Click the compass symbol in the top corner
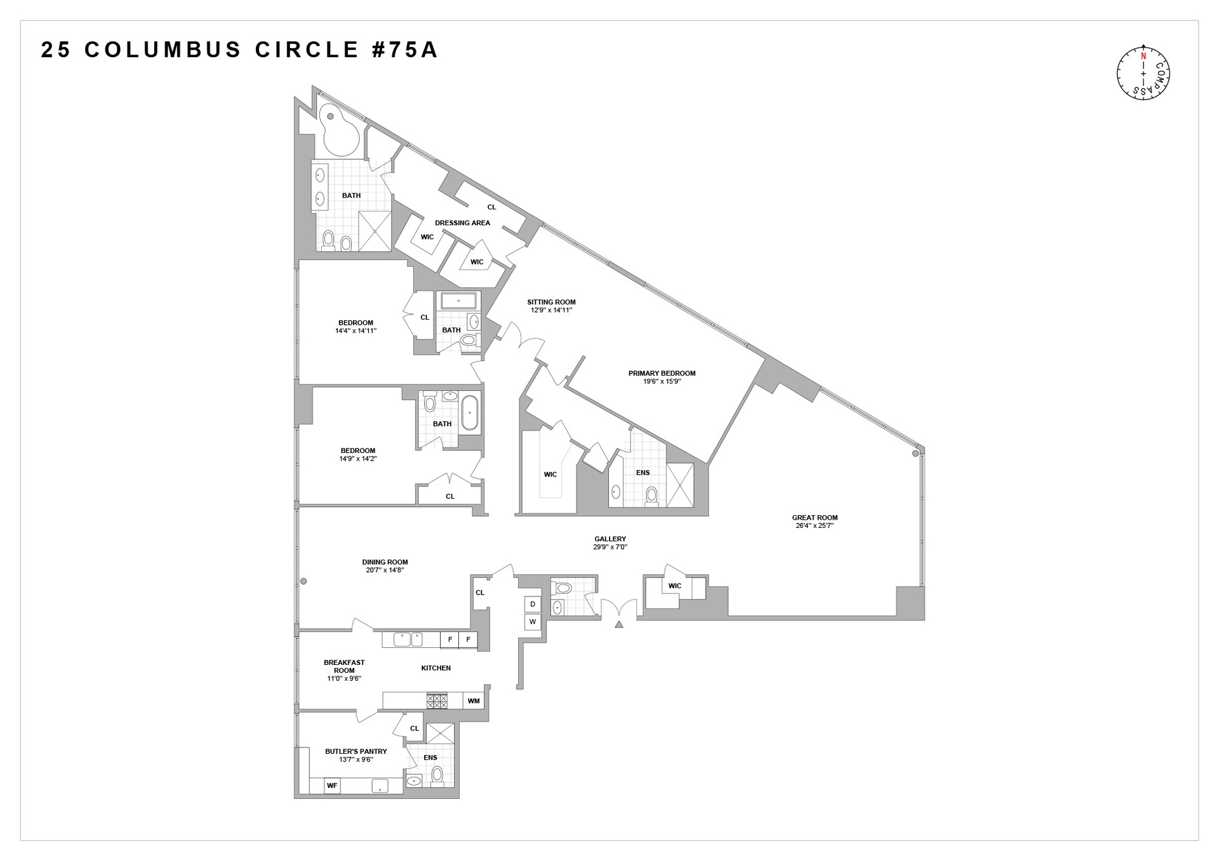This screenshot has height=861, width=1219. click(1143, 72)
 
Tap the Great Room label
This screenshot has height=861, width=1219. click(815, 517)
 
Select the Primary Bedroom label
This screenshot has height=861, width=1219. click(662, 373)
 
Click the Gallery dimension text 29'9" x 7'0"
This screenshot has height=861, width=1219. click(610, 547)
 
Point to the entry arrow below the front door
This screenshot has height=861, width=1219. click(619, 625)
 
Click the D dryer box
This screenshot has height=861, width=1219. click(533, 604)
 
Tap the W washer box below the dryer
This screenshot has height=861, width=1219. click(533, 622)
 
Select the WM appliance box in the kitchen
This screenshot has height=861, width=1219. click(474, 700)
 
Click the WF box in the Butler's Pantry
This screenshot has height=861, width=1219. click(331, 785)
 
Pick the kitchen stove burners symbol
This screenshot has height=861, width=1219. click(437, 700)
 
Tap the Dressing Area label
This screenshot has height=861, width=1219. click(462, 223)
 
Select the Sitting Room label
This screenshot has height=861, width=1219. click(551, 302)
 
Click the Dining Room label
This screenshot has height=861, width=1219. click(385, 562)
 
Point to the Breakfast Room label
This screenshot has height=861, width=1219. click(344, 666)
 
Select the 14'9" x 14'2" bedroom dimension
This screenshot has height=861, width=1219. click(358, 458)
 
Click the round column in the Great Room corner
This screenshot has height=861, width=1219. click(915, 454)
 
